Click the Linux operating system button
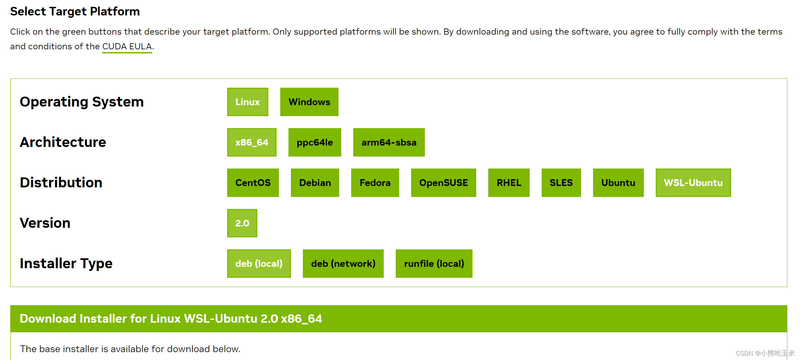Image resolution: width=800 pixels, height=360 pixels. click(247, 102)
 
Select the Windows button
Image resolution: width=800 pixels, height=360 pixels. click(309, 102)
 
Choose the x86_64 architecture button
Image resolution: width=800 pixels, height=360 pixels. click(251, 142)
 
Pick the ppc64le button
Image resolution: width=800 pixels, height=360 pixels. click(315, 142)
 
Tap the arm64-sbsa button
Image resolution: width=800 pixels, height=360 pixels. click(389, 142)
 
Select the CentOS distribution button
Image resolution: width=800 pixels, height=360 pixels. click(253, 183)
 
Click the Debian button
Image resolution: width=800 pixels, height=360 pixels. click(315, 183)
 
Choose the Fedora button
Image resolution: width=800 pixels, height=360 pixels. click(375, 183)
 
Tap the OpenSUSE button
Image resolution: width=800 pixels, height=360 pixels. click(443, 183)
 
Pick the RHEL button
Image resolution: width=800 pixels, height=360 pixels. click(509, 183)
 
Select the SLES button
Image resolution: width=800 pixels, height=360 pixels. click(561, 183)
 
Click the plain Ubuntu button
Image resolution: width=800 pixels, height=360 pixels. click(618, 183)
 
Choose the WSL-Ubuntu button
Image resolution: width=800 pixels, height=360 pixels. click(693, 183)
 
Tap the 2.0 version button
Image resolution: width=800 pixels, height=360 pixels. click(242, 223)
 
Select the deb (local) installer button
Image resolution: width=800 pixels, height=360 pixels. click(259, 263)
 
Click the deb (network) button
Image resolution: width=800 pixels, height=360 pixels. click(343, 263)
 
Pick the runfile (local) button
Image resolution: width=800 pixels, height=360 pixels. click(434, 263)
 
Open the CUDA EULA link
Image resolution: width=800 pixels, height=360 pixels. click(127, 46)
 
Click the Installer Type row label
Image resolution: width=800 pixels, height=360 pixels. click(66, 263)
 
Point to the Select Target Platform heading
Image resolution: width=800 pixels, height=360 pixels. click(75, 11)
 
